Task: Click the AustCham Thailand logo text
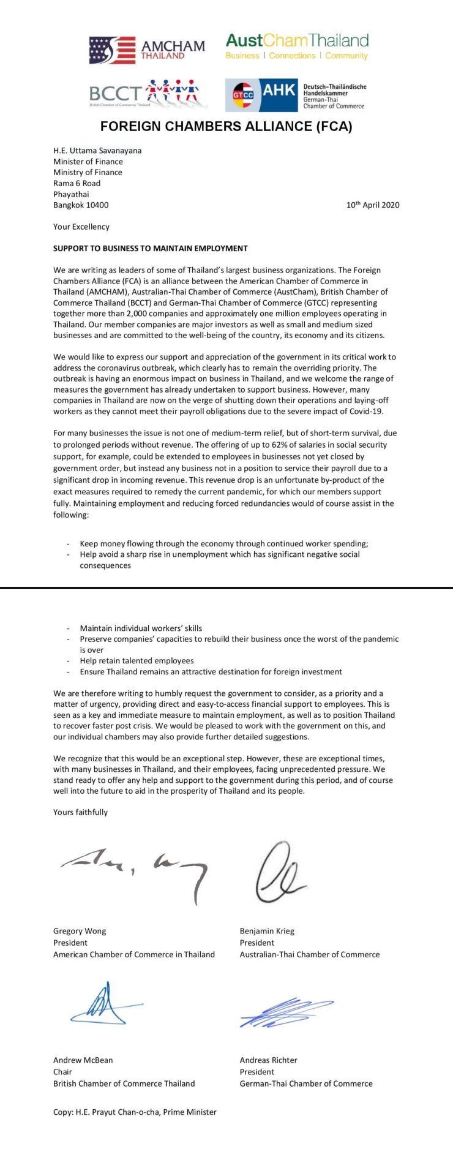(297, 41)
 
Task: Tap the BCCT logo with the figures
(147, 94)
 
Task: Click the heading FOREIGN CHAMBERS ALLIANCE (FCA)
(226, 127)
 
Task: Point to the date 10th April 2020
(373, 205)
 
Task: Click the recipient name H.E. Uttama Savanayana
(97, 150)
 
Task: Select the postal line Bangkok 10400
(81, 205)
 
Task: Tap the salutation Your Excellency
(81, 227)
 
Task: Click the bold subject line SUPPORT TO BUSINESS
(151, 249)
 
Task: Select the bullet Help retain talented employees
(137, 661)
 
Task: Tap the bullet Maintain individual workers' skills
(141, 628)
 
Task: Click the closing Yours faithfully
(80, 812)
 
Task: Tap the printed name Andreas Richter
(268, 1060)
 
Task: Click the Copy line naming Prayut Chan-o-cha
(135, 1112)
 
